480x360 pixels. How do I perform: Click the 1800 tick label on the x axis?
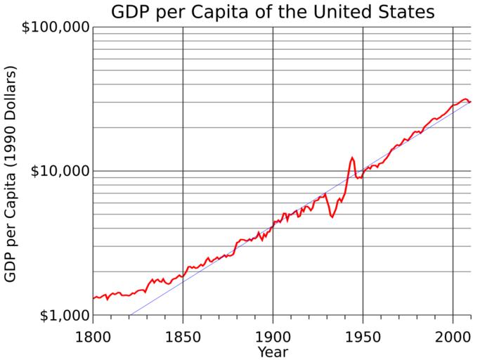[x=93, y=333]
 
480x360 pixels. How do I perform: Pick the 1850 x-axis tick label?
[x=183, y=333]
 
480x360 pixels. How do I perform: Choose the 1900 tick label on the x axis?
[x=273, y=333]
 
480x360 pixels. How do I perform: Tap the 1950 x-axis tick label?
[x=363, y=333]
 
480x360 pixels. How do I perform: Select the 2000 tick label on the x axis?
[x=453, y=333]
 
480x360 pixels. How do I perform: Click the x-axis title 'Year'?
[x=272, y=351]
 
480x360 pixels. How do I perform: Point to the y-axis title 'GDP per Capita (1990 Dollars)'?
[x=11, y=174]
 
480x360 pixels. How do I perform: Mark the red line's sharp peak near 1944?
[x=352, y=157]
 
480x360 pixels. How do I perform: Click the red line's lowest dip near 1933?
[x=332, y=217]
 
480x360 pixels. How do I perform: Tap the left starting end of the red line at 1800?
[x=93, y=298]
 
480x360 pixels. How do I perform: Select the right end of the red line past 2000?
[x=471, y=102]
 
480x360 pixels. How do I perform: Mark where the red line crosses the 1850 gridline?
[x=183, y=274]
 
